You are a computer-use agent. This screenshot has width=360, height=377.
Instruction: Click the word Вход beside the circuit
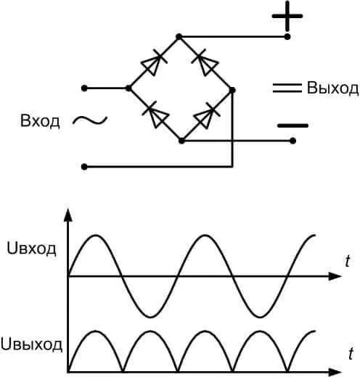(x=40, y=121)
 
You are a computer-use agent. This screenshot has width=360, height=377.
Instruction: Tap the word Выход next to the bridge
(x=332, y=88)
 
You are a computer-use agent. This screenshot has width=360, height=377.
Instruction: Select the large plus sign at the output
(x=287, y=16)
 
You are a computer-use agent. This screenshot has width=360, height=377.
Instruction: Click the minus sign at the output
(x=292, y=125)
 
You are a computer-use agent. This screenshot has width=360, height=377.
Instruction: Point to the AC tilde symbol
(x=90, y=120)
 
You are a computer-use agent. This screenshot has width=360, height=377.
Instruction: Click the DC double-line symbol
(x=287, y=88)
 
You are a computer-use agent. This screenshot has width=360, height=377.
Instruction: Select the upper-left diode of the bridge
(x=154, y=62)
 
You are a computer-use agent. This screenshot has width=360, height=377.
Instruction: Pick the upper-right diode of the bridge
(x=205, y=62)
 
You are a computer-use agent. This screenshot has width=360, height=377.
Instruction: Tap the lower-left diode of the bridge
(x=155, y=115)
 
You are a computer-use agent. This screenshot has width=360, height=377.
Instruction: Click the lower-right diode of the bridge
(x=207, y=115)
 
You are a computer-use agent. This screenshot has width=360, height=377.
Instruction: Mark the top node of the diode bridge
(x=179, y=37)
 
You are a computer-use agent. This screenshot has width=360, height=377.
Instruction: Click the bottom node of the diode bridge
(x=181, y=141)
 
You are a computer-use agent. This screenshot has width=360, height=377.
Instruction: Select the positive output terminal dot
(x=287, y=37)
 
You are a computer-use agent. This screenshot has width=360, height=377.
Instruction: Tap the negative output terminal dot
(x=292, y=141)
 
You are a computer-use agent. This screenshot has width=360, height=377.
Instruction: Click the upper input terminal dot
(x=84, y=88)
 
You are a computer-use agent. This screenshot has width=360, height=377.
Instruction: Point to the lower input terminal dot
(x=84, y=167)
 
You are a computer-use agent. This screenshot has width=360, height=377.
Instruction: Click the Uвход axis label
(x=31, y=249)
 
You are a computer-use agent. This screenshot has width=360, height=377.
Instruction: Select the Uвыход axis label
(x=31, y=344)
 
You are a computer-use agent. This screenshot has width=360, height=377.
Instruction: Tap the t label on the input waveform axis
(x=348, y=261)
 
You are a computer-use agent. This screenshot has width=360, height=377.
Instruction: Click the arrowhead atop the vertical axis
(x=68, y=215)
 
